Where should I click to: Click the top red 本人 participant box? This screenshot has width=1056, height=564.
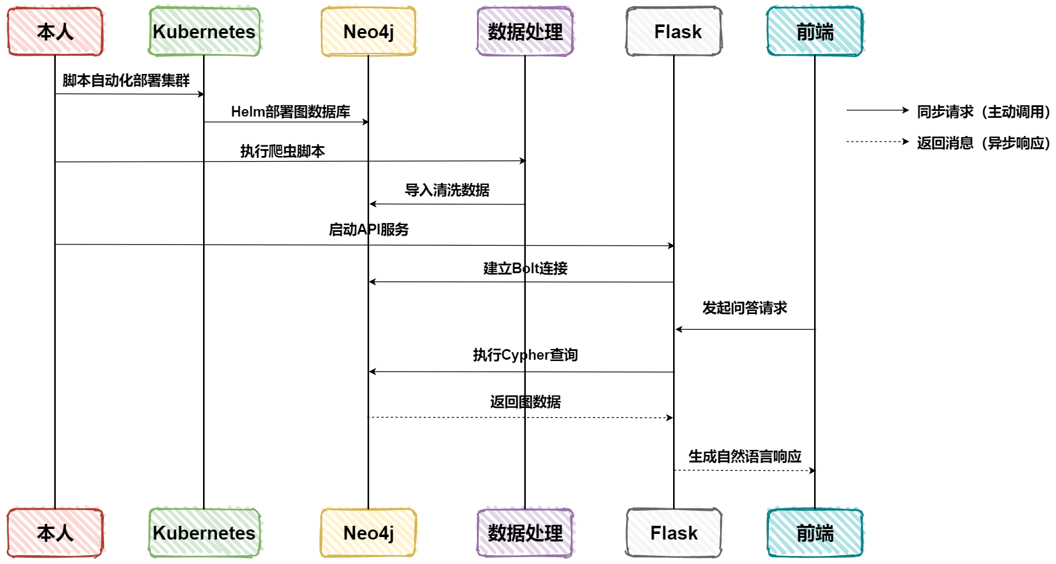(x=55, y=31)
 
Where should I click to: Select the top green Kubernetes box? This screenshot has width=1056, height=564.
(x=204, y=31)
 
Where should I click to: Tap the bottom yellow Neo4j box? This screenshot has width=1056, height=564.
(x=369, y=533)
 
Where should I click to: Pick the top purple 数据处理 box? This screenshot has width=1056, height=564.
(x=525, y=31)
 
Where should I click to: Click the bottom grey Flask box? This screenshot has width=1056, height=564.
(x=674, y=533)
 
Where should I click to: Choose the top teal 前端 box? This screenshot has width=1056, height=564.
(x=815, y=31)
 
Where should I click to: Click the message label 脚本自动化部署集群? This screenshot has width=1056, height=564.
(x=126, y=80)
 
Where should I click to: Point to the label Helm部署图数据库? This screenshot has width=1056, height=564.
(x=290, y=112)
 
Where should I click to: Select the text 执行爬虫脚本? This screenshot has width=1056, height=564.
(x=283, y=151)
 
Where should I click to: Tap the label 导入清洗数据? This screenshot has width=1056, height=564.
(x=447, y=190)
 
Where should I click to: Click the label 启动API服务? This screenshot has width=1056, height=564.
(x=369, y=229)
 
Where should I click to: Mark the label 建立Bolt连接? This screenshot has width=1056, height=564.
(x=525, y=268)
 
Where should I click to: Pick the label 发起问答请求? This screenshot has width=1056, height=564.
(x=745, y=308)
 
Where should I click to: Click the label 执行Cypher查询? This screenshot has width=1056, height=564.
(x=525, y=355)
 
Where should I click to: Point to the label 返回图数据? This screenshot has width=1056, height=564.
(x=525, y=402)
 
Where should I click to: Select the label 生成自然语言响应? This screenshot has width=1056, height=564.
(x=745, y=456)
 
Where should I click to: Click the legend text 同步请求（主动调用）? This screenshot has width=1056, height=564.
(x=983, y=112)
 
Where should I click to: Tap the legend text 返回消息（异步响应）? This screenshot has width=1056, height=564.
(x=983, y=143)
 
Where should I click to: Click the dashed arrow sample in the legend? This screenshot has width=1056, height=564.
(x=877, y=142)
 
